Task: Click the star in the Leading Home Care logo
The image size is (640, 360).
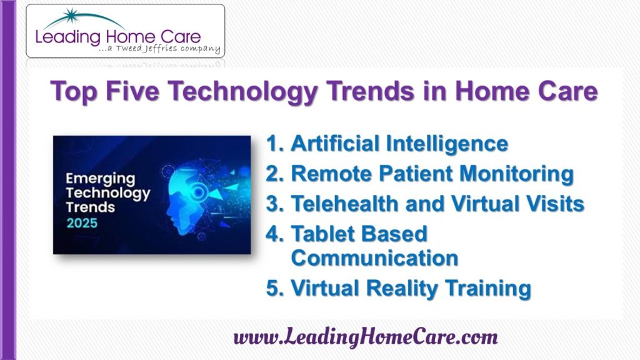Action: pos(71,16)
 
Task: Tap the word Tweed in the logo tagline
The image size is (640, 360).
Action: pos(129,48)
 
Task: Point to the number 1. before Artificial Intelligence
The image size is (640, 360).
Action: pos(275,143)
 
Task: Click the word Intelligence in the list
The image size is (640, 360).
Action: pos(447,144)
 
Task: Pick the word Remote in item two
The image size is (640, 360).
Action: pos(332,174)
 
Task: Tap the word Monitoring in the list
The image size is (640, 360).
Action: pos(517,174)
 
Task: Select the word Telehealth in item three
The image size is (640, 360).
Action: pos(344,203)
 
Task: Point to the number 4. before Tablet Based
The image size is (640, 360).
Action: pos(275,234)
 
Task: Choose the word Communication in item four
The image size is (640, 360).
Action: pos(375,258)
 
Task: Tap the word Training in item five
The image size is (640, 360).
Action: pos(488,289)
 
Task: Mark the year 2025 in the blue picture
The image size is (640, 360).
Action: pos(82,223)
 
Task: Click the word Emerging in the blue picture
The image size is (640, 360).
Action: pos(101,179)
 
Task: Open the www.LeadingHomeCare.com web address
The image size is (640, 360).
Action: pos(366,337)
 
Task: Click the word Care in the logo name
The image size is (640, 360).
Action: pos(181,37)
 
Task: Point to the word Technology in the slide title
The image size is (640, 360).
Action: pos(242,91)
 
